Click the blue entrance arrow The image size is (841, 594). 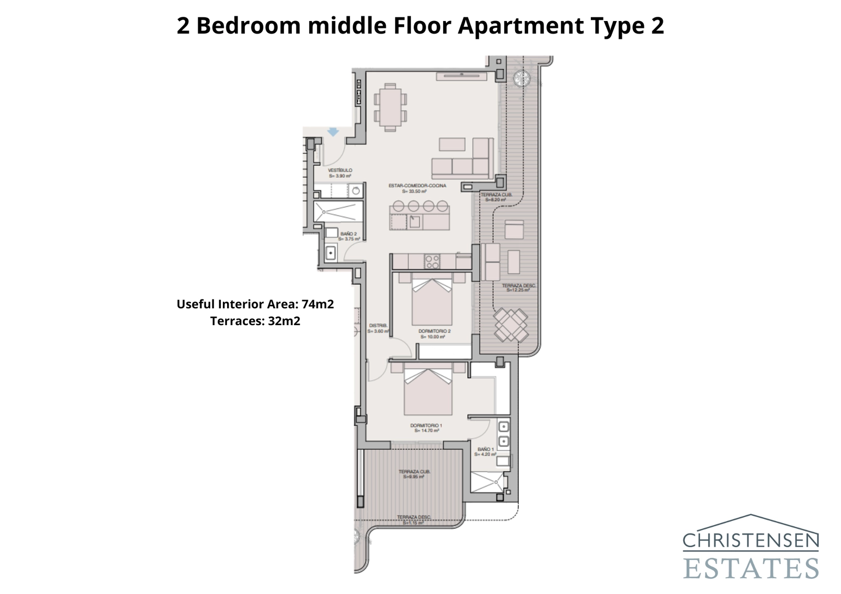333,131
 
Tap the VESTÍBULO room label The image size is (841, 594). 340,173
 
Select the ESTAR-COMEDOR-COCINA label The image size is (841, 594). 417,188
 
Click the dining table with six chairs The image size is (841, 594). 390,107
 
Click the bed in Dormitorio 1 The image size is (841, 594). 428,391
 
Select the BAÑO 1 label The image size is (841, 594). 486,451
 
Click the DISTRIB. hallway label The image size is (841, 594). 378,328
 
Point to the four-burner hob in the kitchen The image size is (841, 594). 432,261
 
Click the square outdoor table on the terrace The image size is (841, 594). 511,325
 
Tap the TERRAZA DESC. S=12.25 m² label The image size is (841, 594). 519,288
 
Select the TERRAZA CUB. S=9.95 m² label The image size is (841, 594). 414,474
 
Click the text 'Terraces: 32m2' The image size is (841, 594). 255,321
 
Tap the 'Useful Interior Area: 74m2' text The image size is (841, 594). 255,304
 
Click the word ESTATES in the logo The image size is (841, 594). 751,568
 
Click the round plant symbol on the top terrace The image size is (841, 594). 522,78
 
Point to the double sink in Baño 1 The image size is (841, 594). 503,434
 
